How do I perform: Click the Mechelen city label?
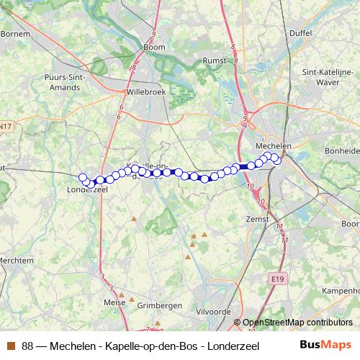coord(274,145)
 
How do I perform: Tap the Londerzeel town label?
coord(86,191)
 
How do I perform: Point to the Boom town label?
coord(154,48)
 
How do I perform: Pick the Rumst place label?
coord(215,61)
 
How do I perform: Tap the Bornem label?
coord(14,33)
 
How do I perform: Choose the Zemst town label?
coord(257,219)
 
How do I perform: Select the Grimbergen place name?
coord(159,305)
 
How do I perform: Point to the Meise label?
coord(115,302)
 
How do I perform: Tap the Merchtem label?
coord(17,261)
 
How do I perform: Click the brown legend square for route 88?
coord(11,344)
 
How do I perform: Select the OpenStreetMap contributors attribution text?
coord(297,323)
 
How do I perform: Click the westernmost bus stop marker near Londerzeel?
coord(83,177)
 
